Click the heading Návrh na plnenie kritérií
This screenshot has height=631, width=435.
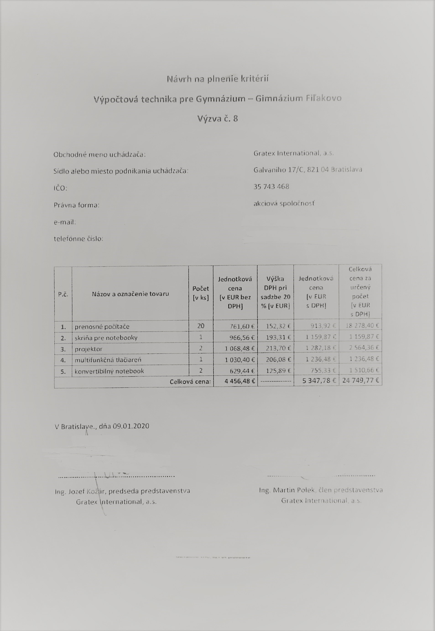coord(218,79)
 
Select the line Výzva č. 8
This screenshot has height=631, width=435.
coord(218,119)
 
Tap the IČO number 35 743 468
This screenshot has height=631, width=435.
coord(271,187)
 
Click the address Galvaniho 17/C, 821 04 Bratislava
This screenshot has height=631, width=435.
coord(307,170)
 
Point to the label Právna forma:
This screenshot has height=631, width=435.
coord(76,205)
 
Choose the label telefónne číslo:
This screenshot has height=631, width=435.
coord(78,239)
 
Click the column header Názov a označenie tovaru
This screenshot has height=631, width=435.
coord(130,294)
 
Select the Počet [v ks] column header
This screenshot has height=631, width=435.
coord(201,293)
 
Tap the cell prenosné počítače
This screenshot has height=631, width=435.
coord(102,326)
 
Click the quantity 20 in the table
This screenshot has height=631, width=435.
coord(201,326)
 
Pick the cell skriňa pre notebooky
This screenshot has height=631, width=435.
coord(106,338)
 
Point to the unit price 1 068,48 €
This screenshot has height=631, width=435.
coord(240,349)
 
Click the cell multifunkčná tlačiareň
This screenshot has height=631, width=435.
coord(108,360)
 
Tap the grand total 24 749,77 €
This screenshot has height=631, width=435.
coord(360,380)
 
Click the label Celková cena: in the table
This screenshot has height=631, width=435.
coord(190,382)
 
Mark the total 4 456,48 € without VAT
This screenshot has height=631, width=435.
coord(240,381)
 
